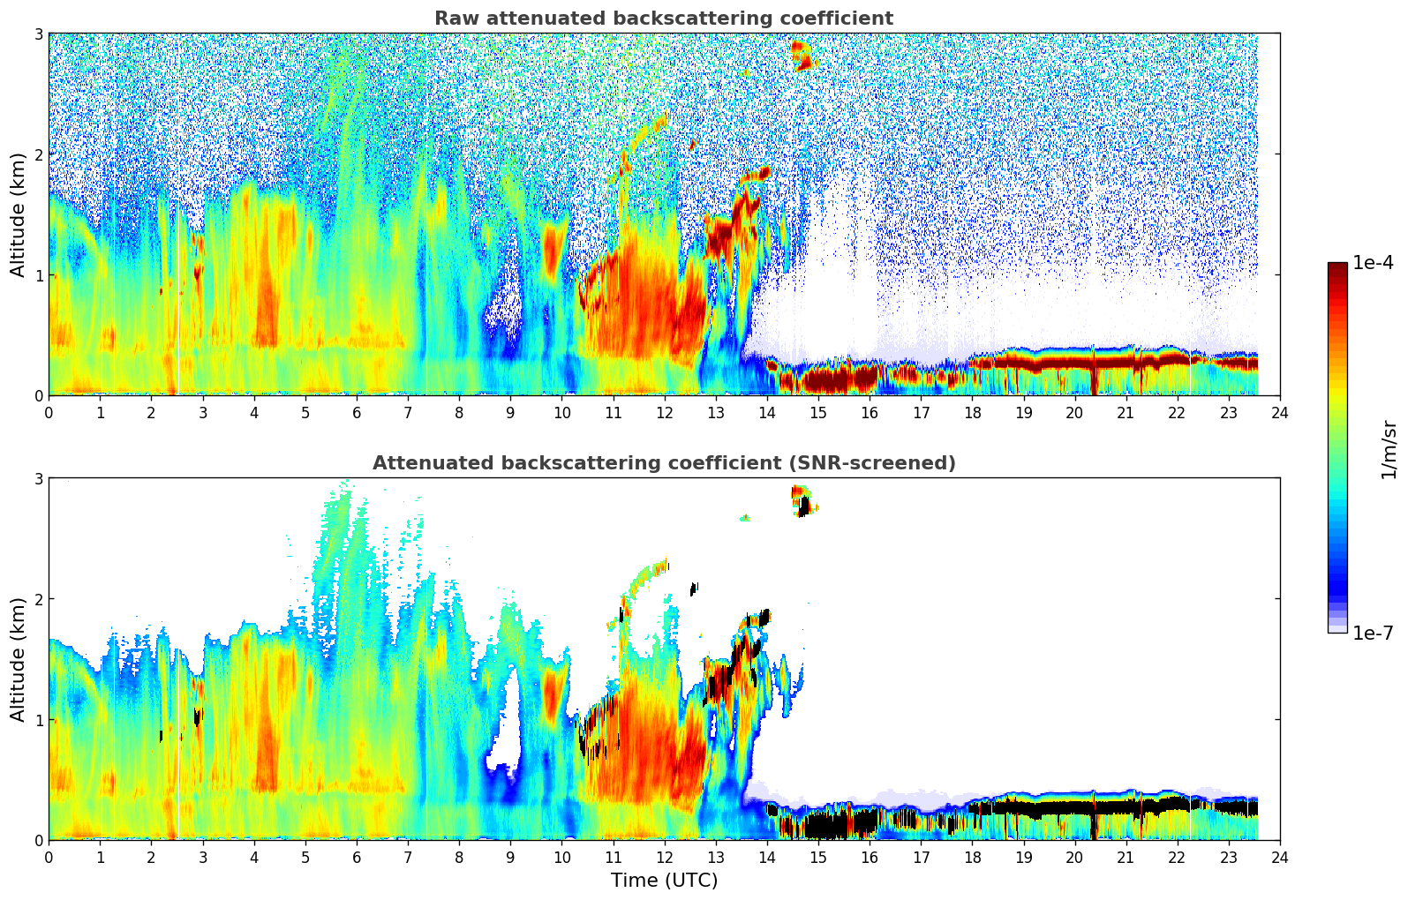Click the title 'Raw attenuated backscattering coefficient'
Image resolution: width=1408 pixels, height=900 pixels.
(663, 19)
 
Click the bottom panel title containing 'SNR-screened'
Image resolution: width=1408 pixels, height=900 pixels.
(663, 463)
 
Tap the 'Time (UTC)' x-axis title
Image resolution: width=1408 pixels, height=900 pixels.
(664, 881)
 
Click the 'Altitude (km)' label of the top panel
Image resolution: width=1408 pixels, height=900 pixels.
(18, 214)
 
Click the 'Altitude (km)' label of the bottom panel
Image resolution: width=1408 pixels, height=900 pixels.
(18, 659)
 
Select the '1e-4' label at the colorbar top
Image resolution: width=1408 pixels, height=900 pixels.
(1373, 263)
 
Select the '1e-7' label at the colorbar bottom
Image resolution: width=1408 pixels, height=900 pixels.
(1373, 633)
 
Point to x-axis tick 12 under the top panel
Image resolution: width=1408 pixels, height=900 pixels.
(664, 412)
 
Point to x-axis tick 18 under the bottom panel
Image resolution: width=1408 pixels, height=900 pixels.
(972, 857)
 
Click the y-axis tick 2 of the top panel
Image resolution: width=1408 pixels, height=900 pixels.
(38, 154)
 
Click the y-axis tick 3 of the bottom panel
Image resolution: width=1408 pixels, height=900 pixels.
(38, 478)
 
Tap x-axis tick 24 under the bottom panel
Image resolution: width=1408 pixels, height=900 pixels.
(1279, 857)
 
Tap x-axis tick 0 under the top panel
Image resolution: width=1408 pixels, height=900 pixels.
(49, 412)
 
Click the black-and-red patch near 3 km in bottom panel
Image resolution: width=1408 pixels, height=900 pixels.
(802, 501)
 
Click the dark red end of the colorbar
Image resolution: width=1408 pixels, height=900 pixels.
(1337, 268)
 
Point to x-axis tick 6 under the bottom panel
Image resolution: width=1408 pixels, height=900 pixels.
(357, 857)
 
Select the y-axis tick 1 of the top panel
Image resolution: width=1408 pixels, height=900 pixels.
(38, 275)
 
